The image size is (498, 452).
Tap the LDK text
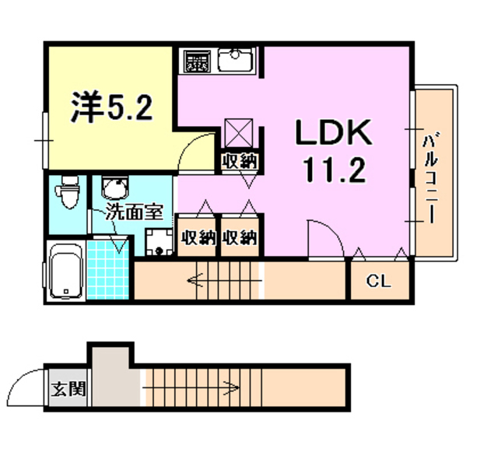333,134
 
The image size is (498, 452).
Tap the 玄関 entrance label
68,387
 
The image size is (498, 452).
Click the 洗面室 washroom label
134,212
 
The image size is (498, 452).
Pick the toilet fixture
69,194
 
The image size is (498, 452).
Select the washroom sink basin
115,189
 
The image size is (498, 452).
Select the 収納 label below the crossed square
240,162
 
